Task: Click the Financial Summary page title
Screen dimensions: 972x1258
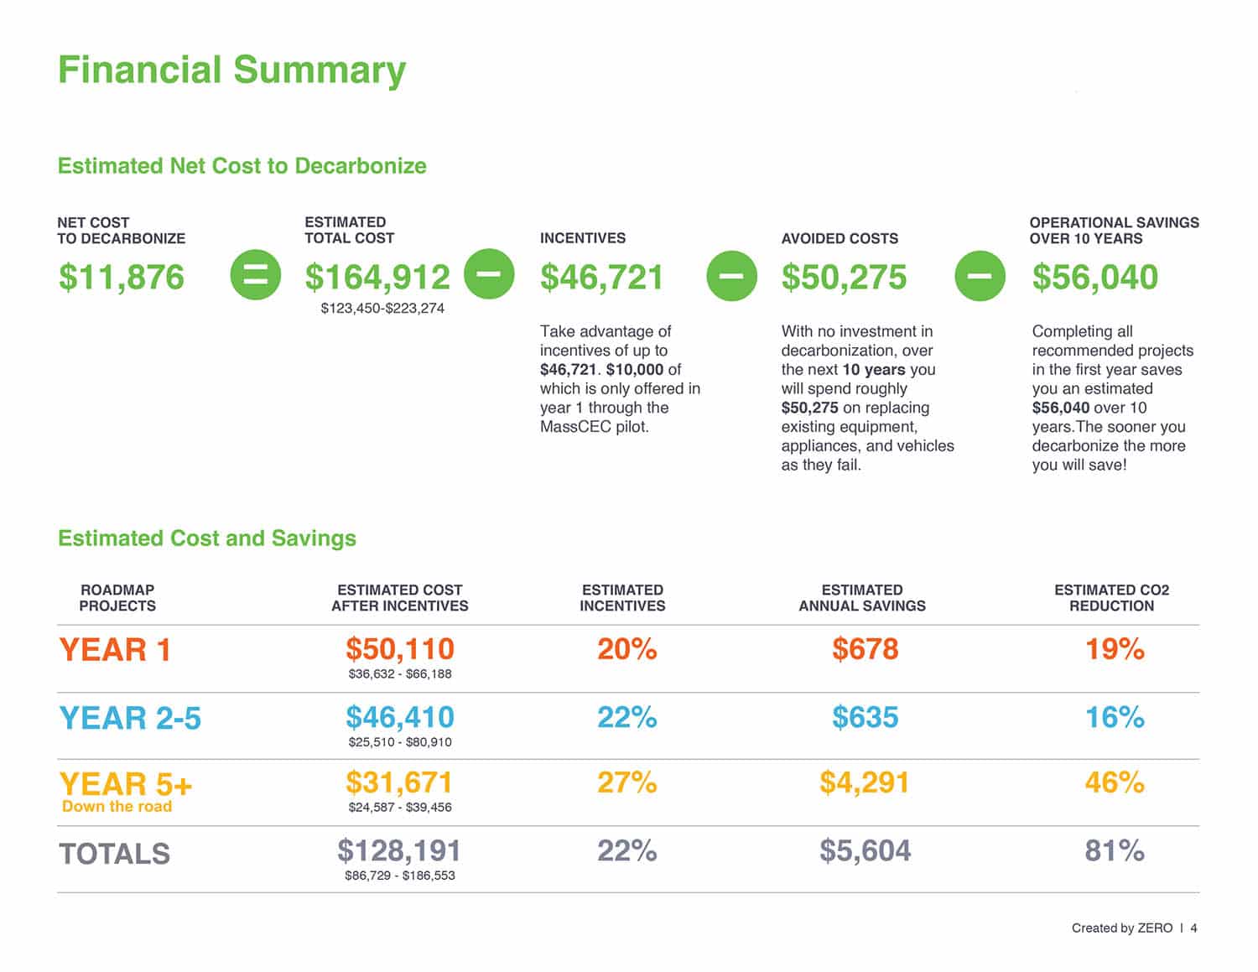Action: coord(231,70)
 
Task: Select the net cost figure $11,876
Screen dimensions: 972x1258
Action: coord(122,278)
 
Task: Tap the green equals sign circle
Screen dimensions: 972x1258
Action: coord(255,275)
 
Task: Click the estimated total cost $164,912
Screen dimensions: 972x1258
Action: coord(377,278)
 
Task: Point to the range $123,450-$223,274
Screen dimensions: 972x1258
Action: coord(382,309)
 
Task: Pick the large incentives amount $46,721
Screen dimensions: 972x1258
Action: coord(601,278)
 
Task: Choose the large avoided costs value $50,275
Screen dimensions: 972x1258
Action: coord(844,278)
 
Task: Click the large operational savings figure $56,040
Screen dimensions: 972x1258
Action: coord(1094,278)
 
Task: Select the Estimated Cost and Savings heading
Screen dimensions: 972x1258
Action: coord(207,538)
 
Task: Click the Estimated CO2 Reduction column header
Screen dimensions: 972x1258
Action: coord(1111,598)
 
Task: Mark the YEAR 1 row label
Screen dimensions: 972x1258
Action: coord(115,650)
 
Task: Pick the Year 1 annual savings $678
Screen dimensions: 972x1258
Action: coord(865,649)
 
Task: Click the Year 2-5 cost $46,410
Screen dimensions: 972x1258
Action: coord(400,718)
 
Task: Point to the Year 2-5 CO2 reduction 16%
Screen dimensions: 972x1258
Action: coord(1114,718)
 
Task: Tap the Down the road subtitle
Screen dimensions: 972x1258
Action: coord(117,807)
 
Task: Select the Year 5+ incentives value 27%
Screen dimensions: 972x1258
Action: coord(626,783)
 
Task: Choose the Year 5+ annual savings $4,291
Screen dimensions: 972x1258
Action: coord(864,783)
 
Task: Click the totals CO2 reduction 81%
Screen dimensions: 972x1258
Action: coord(1114,851)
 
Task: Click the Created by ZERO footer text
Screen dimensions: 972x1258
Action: coord(1121,928)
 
